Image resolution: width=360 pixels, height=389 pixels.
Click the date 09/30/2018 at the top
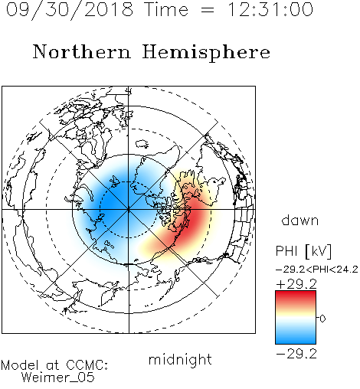pyautogui.click(x=70, y=9)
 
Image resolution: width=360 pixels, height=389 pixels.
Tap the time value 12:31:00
pyautogui.click(x=270, y=9)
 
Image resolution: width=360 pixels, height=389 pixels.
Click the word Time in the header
pyautogui.click(x=166, y=9)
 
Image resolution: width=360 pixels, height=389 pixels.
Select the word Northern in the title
pyautogui.click(x=82, y=51)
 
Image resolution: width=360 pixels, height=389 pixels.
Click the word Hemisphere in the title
pyautogui.click(x=206, y=53)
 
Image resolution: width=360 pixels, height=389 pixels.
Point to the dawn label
pyautogui.click(x=300, y=220)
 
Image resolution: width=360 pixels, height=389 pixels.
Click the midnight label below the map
pyautogui.click(x=180, y=359)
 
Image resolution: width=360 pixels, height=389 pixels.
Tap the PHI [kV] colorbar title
pyautogui.click(x=304, y=251)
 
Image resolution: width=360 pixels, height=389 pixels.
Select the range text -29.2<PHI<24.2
pyautogui.click(x=317, y=270)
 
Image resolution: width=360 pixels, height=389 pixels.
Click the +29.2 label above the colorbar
pyautogui.click(x=296, y=284)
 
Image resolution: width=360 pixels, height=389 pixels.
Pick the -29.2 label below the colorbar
pyautogui.click(x=296, y=354)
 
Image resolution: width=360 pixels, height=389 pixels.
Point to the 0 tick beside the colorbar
pyautogui.click(x=322, y=319)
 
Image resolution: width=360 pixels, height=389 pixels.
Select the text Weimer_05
pyautogui.click(x=58, y=378)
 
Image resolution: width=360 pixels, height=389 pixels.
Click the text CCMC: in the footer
pyautogui.click(x=87, y=365)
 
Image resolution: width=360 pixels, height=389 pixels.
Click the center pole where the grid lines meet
pyautogui.click(x=129, y=210)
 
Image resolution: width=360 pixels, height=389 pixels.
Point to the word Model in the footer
pyautogui.click(x=20, y=365)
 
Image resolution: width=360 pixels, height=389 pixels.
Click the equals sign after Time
pyautogui.click(x=208, y=10)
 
